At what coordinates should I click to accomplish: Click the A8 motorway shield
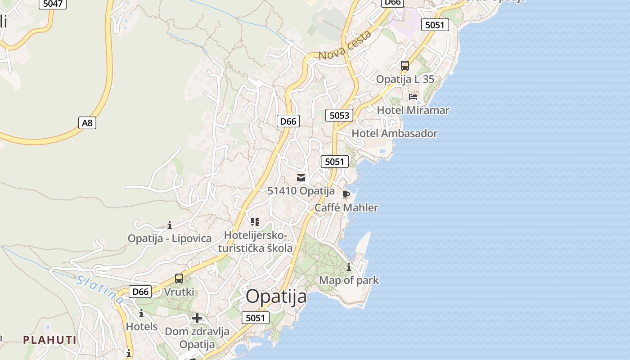[x=87, y=122]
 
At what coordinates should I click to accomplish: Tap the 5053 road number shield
[x=339, y=115]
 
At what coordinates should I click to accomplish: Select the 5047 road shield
[x=53, y=4]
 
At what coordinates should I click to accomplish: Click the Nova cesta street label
[x=345, y=46]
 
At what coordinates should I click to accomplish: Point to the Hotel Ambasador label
[x=394, y=133]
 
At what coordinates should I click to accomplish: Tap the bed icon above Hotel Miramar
[x=413, y=97]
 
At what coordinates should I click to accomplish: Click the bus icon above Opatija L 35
[x=405, y=66]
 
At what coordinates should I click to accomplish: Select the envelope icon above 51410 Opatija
[x=301, y=178]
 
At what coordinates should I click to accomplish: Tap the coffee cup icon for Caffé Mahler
[x=346, y=194]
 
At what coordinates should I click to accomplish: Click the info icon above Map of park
[x=349, y=267]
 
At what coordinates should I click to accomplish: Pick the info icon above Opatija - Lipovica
[x=170, y=225]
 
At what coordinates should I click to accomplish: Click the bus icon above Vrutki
[x=179, y=279]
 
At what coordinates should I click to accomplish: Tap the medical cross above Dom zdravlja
[x=197, y=319]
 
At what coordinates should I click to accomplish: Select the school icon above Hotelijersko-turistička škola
[x=255, y=221]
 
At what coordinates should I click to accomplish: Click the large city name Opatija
[x=276, y=297]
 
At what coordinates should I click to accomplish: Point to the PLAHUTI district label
[x=50, y=340]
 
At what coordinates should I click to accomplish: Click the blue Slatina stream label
[x=100, y=289]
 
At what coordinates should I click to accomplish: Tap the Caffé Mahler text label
[x=346, y=207]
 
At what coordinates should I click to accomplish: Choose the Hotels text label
[x=142, y=326]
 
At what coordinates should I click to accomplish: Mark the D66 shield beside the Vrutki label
[x=140, y=292]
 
